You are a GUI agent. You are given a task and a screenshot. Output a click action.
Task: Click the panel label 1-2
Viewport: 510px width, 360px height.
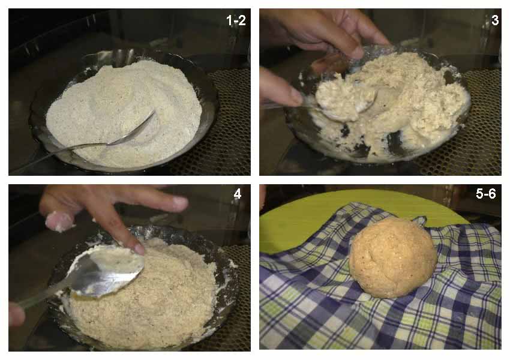[236, 20]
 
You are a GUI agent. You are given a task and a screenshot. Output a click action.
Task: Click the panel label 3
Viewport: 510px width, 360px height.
[495, 20]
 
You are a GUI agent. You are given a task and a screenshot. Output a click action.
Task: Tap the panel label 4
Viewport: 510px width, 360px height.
[238, 194]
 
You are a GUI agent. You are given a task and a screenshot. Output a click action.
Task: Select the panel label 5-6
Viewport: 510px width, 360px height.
[485, 194]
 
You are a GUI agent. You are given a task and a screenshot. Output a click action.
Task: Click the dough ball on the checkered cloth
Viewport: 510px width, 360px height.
[393, 257]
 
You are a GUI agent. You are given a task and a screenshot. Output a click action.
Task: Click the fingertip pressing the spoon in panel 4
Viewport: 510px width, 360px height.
[137, 249]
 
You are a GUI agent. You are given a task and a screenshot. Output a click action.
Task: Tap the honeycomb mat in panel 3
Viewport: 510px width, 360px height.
[481, 130]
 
